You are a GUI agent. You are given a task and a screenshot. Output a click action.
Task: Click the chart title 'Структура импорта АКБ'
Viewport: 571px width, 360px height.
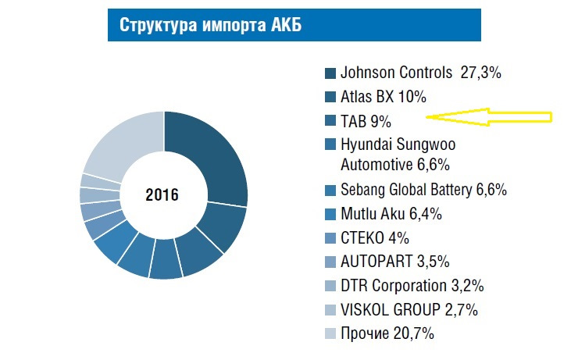point(211,25)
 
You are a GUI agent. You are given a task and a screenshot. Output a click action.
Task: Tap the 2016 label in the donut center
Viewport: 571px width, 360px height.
point(162,194)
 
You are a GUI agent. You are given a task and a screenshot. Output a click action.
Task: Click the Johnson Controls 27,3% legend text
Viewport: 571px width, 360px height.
point(420,73)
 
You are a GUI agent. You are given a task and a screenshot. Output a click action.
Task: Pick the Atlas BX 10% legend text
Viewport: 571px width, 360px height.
point(384,98)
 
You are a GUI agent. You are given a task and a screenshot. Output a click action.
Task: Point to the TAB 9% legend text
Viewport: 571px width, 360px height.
point(366,122)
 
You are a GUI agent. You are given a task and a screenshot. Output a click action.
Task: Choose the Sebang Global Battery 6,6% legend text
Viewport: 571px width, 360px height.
point(424,190)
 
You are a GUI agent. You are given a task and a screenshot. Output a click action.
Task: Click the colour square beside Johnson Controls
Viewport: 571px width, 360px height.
point(330,73)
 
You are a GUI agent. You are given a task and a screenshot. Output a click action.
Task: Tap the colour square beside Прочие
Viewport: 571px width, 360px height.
point(330,334)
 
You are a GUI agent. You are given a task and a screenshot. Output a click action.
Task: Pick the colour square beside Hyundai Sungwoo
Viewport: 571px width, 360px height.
point(330,144)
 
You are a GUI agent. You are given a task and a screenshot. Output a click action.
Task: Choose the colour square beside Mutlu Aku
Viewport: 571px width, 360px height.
point(330,214)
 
